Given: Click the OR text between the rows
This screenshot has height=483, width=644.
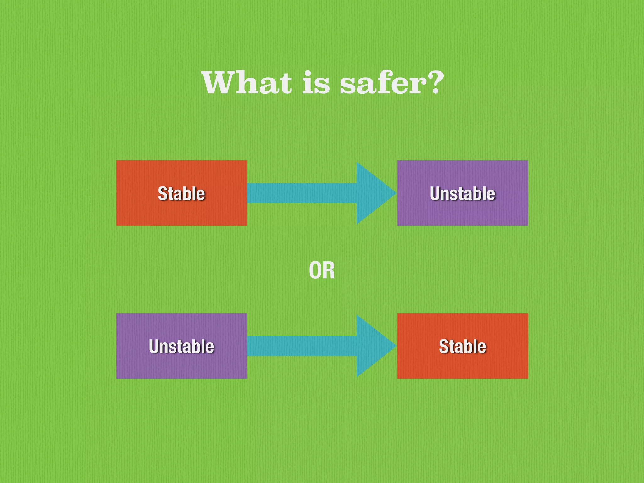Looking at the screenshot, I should click(322, 270).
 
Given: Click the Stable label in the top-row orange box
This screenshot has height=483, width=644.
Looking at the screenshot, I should click(181, 193).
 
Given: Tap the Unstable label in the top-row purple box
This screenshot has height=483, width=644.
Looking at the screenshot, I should click(463, 193).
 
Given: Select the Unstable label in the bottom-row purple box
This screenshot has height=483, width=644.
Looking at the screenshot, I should click(181, 346).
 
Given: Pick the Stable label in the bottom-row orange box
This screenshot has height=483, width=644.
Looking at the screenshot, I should click(463, 346).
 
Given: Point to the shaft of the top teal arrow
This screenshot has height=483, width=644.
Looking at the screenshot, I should click(302, 193).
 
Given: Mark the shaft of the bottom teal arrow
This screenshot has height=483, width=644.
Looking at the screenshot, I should click(302, 346).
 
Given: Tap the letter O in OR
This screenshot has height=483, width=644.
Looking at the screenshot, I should click(315, 270).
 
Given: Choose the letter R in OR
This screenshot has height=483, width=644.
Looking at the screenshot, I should click(329, 270).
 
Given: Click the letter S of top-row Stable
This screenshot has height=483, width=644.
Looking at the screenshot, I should click(163, 193).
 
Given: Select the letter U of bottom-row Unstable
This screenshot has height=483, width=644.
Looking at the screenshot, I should click(154, 346).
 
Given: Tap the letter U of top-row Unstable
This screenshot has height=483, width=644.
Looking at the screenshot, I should click(436, 193).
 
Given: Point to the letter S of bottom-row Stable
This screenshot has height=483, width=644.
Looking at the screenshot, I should click(444, 346).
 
